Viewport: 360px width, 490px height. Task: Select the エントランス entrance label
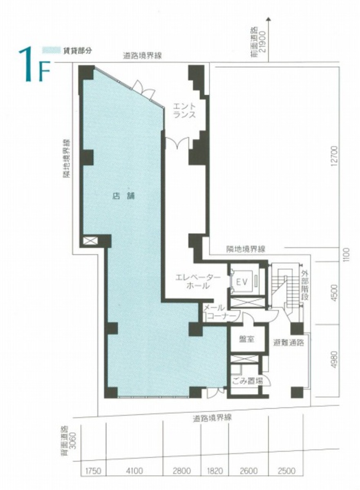click(x=184, y=111)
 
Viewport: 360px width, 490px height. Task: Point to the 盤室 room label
click(x=247, y=339)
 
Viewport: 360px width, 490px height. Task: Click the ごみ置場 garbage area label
click(x=247, y=381)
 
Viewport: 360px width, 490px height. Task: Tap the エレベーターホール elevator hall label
click(x=198, y=282)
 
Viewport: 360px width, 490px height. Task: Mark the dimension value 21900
click(x=262, y=42)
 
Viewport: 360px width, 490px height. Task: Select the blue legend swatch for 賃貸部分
click(x=51, y=50)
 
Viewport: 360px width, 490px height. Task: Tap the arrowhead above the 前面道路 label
click(x=269, y=19)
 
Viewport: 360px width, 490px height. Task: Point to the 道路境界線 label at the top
click(x=143, y=56)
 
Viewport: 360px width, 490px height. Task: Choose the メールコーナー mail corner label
click(x=219, y=312)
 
